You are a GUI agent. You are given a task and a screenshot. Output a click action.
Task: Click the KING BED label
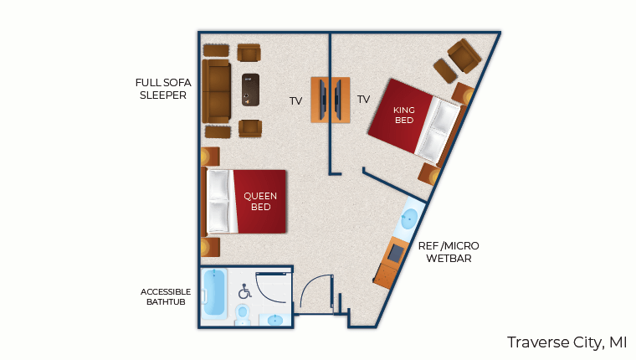click(404, 116)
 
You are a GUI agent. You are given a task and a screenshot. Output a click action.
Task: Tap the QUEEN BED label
click(260, 201)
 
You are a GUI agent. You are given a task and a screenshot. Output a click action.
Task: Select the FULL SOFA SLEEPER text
click(163, 89)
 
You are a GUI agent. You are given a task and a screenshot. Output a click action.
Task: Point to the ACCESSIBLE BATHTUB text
click(166, 296)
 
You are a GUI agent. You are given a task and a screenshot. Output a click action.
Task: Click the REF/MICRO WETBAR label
click(449, 252)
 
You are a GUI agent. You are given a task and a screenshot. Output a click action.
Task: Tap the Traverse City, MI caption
click(567, 342)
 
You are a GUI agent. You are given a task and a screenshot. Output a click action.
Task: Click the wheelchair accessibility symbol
click(244, 291)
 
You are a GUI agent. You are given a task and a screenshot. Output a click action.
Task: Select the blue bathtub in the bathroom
click(213, 293)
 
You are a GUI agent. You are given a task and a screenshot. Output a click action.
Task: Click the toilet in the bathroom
click(243, 315)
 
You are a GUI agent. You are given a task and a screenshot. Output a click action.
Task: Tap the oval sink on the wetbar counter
click(409, 219)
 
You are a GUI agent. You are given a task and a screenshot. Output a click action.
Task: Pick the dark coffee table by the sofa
click(251, 90)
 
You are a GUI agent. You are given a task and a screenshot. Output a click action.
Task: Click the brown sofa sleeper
click(216, 91)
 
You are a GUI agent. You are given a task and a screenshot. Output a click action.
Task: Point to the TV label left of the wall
click(295, 101)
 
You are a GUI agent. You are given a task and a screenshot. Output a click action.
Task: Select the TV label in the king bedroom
click(363, 99)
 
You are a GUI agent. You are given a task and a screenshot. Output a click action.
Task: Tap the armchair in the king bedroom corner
click(464, 55)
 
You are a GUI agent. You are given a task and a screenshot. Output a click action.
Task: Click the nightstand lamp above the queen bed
click(210, 157)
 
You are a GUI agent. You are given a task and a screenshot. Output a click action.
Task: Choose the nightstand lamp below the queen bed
click(210, 247)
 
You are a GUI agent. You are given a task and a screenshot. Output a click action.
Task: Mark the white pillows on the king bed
click(439, 130)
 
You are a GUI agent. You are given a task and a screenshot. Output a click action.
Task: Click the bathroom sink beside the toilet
click(275, 320)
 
